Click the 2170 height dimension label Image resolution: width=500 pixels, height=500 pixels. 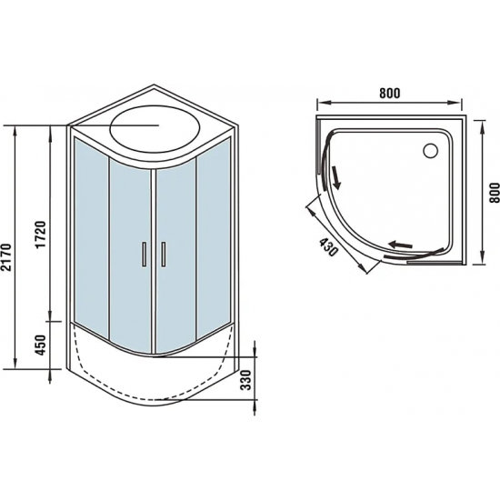tap(9, 247)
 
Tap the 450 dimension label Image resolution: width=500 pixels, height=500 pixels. tap(40, 345)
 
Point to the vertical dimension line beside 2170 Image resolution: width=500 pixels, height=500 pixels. tap(18, 247)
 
